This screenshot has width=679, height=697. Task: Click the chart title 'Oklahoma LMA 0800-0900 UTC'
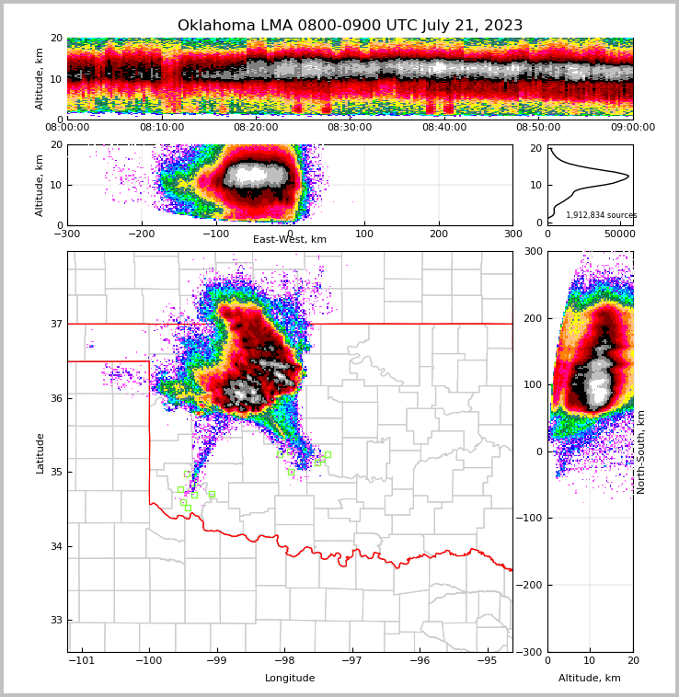point(350,26)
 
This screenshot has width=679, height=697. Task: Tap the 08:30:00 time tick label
point(350,128)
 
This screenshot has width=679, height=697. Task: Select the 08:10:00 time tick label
point(161,128)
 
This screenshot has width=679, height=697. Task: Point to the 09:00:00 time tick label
point(633,128)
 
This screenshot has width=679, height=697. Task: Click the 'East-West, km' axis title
point(290,240)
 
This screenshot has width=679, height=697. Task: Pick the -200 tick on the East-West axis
point(141,234)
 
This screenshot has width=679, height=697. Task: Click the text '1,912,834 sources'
point(601,215)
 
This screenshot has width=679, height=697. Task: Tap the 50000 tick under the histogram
point(618,234)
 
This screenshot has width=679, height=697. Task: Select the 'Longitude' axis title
point(290,679)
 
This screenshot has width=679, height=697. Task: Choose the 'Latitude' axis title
point(40,452)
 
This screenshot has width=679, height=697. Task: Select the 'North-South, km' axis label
point(641,451)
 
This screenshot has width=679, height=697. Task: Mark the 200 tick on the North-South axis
point(533,318)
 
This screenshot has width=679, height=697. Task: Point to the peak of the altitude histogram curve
point(628,176)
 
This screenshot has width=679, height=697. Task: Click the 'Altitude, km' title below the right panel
point(590,679)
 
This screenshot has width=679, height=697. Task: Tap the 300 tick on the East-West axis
point(512,234)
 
